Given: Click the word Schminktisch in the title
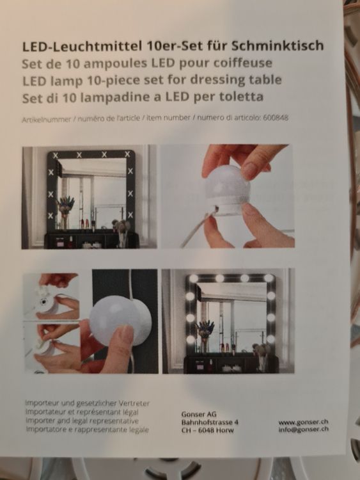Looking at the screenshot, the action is tap(278, 46).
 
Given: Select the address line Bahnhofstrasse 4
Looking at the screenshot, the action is tap(210, 422).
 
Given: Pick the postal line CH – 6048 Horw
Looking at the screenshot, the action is tap(207, 430).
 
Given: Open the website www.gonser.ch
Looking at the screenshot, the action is tap(304, 422).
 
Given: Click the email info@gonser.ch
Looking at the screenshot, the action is tap(304, 429).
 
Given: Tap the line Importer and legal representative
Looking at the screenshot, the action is tap(82, 420).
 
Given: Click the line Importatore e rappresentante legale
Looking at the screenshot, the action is tap(87, 429).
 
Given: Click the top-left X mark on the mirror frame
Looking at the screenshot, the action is tap(56, 156).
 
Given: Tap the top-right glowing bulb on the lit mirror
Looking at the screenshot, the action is tap(269, 278).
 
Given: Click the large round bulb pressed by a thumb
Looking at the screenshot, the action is tap(120, 319).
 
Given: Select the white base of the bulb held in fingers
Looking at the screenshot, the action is tap(228, 207).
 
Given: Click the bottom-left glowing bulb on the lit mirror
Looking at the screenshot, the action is tap(191, 339).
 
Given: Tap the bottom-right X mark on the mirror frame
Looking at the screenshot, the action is tap(130, 215).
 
